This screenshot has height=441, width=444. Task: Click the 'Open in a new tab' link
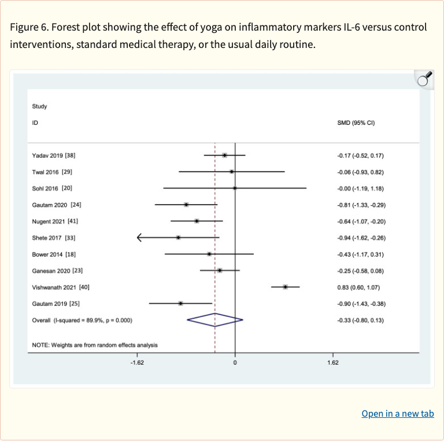point(397,414)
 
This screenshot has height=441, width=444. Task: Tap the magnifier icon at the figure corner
point(424,79)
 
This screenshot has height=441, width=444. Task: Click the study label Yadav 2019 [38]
point(54,155)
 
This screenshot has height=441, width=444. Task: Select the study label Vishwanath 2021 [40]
point(61,287)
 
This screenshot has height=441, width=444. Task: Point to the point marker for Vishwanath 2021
point(286,287)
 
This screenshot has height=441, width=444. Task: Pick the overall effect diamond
point(215,320)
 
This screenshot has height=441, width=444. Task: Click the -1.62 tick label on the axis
point(138,363)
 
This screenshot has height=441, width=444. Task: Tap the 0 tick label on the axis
point(235,363)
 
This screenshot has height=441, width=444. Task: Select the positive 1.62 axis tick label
point(332,363)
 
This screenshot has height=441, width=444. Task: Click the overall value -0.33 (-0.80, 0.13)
point(360,320)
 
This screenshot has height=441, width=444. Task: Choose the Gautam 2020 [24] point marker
point(186,205)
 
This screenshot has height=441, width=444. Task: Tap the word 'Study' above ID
point(39,106)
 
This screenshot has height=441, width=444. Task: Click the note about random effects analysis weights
point(95,345)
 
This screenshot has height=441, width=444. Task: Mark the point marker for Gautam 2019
point(181,303)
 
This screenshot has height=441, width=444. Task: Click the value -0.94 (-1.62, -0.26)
point(361,238)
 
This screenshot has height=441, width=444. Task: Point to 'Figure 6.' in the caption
point(29,27)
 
